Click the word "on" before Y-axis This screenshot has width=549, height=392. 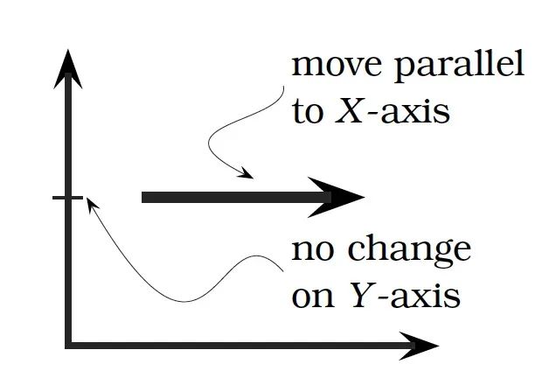coord(312,297)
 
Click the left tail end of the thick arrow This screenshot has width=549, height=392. coord(144,198)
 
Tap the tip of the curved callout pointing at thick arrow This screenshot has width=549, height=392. coord(253,178)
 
